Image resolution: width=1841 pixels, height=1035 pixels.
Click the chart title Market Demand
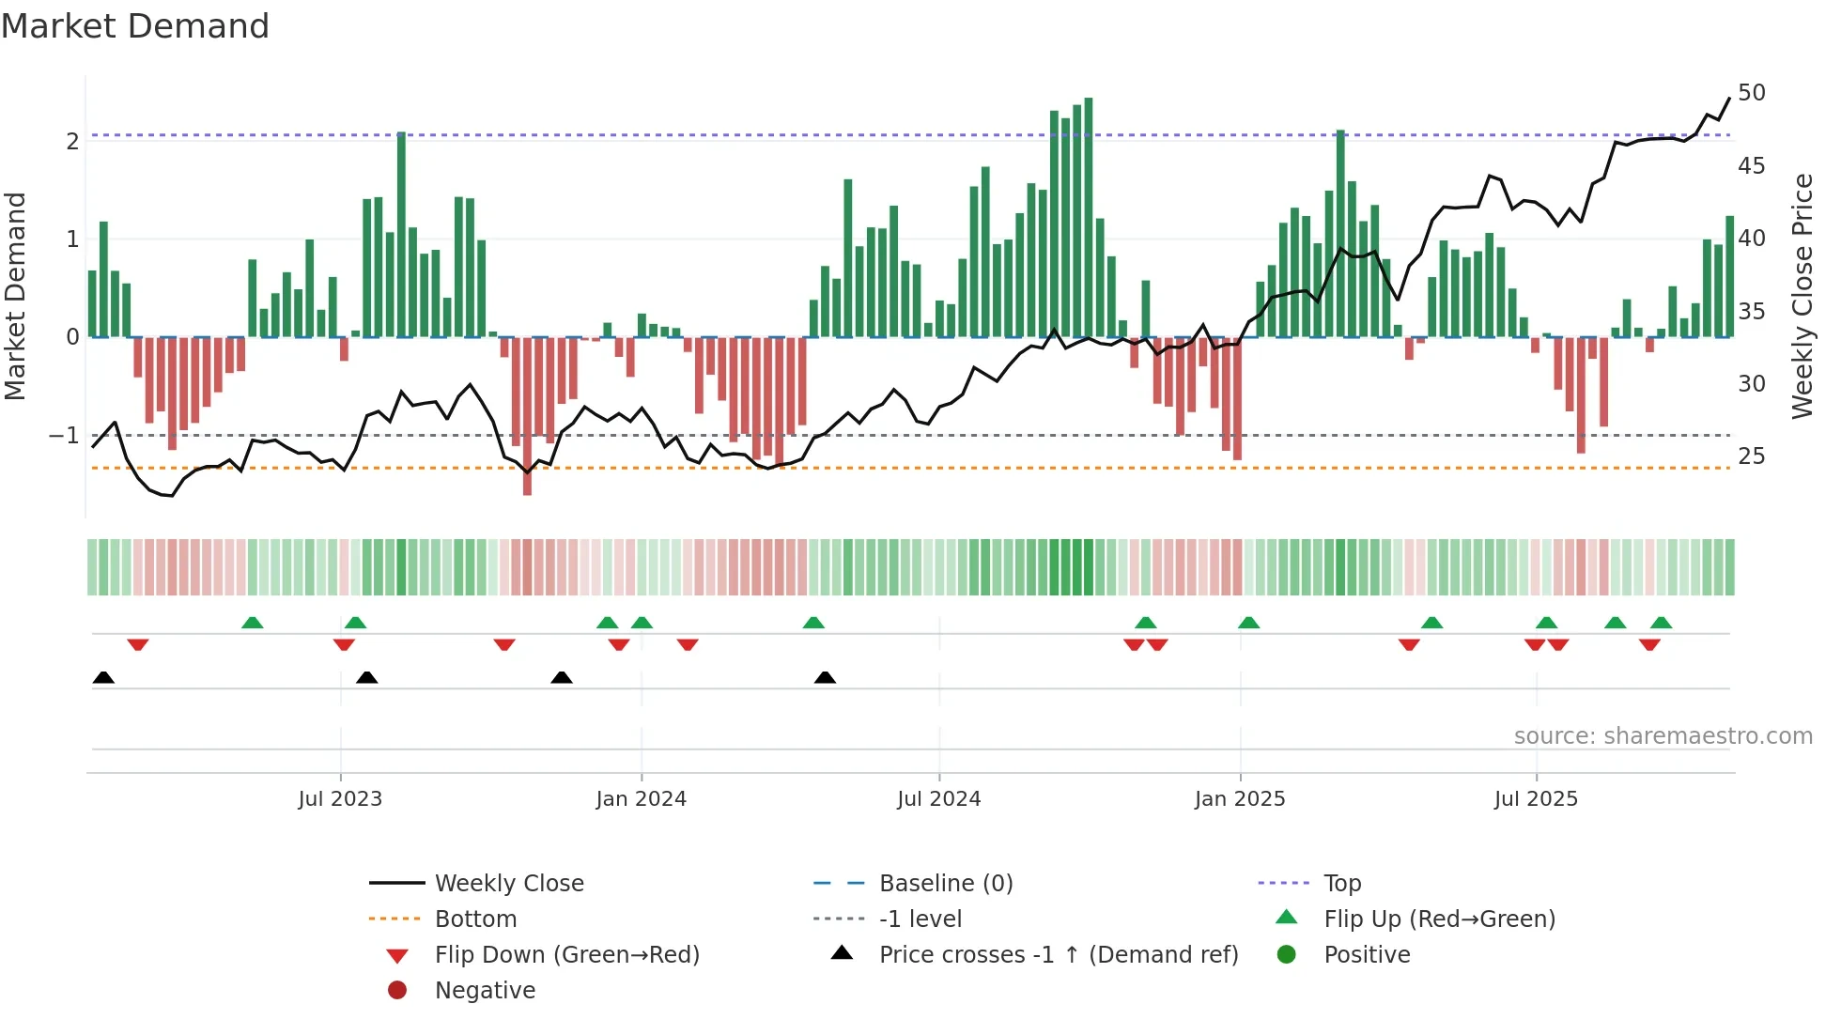(135, 26)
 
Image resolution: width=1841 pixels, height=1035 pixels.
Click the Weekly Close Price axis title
(1802, 297)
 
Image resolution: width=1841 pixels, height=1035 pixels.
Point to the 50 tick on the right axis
(1751, 93)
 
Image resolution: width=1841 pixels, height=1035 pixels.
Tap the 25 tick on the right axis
(1751, 456)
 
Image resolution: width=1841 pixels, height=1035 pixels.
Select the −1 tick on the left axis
(64, 436)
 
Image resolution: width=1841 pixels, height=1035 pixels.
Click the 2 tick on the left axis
(72, 142)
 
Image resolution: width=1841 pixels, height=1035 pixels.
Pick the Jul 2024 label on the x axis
(938, 799)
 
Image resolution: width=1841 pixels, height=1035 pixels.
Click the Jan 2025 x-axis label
(1239, 799)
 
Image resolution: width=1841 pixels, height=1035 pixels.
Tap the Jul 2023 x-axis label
(340, 799)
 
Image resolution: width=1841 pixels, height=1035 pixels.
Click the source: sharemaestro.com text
(1663, 736)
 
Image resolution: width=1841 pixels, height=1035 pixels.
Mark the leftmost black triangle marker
(103, 678)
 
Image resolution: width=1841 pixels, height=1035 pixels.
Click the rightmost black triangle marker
(825, 678)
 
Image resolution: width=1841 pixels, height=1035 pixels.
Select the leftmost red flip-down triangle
(138, 644)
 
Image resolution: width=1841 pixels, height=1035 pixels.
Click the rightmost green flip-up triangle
(1661, 623)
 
